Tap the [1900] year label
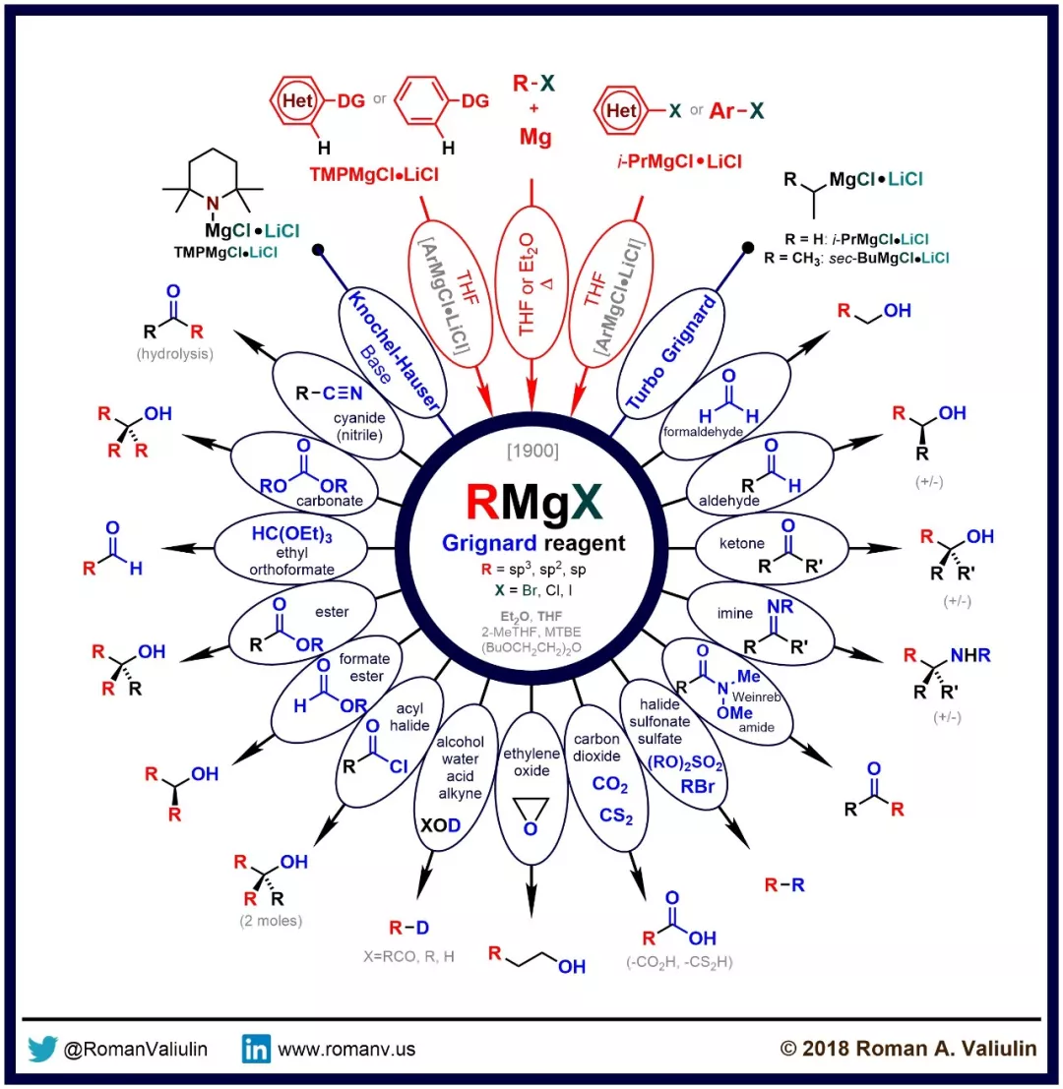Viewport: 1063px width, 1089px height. pyautogui.click(x=531, y=454)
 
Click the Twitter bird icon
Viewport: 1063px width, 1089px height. pyautogui.click(x=43, y=1049)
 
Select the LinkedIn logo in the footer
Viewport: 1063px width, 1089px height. pyautogui.click(x=256, y=1049)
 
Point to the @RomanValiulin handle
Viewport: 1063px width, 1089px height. pyautogui.click(x=136, y=1050)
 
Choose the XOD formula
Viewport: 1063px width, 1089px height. pyautogui.click(x=441, y=825)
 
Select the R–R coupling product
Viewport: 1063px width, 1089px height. pyautogui.click(x=784, y=884)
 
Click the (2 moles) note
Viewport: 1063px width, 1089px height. pyautogui.click(x=271, y=922)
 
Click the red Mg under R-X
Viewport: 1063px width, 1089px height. pyautogui.click(x=532, y=137)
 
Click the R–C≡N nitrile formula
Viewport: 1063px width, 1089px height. pyautogui.click(x=332, y=393)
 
